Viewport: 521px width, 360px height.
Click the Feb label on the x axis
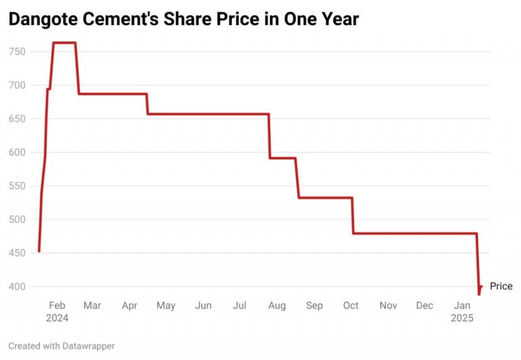[58, 306]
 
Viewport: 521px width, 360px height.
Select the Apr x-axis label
[130, 306]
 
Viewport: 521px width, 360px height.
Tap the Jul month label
[239, 306]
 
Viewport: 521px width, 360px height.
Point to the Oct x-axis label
[351, 306]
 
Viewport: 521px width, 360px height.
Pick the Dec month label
[425, 306]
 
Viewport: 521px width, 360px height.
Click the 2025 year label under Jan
[462, 318]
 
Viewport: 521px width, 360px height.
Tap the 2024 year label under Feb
[58, 318]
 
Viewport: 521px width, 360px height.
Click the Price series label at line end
[501, 286]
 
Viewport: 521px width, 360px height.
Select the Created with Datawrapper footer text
[62, 346]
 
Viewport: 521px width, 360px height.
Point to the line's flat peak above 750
[64, 43]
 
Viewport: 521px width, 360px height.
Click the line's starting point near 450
[39, 252]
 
